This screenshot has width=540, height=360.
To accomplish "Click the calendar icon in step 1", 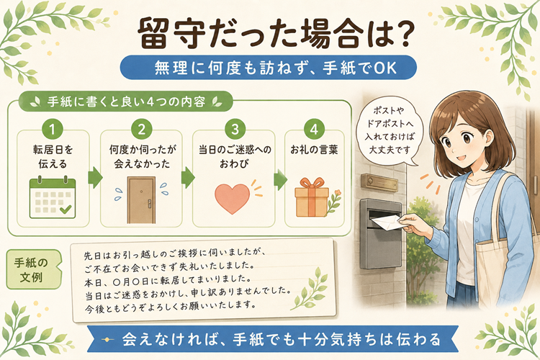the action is tap(53, 197).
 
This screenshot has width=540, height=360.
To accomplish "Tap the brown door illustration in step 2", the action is tap(141, 200).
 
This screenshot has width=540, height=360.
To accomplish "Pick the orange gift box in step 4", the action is tap(312, 197).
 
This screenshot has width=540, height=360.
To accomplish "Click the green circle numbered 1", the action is tap(53, 129).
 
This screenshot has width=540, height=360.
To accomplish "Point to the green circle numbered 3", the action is tap(235, 129).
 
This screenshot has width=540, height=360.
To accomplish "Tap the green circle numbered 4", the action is tap(314, 129).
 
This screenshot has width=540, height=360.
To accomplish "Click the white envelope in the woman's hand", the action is tap(387, 222).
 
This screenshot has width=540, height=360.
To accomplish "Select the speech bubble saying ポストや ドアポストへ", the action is tap(389, 131).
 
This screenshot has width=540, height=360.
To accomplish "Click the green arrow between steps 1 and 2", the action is tap(95, 178).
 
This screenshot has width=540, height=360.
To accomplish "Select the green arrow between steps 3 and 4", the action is tap(280, 179).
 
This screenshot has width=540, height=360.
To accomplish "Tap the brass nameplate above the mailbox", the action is tap(381, 181).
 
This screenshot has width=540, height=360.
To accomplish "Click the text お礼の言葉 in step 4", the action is tap(314, 150).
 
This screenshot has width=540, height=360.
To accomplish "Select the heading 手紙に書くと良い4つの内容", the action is tap(126, 102).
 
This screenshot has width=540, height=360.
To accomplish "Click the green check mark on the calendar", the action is tap(66, 209).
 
